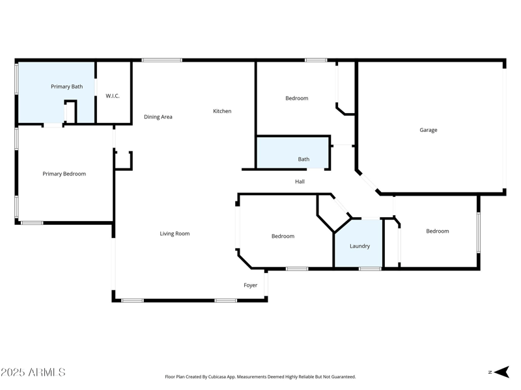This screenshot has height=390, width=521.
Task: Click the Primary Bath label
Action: click(66, 86)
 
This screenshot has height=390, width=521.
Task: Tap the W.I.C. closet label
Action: click(113, 96)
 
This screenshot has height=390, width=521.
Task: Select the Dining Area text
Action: click(158, 117)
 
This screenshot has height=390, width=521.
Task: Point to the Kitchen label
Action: click(222, 111)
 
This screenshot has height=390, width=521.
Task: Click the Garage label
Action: click(428, 130)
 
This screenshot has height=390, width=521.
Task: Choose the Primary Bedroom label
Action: click(64, 174)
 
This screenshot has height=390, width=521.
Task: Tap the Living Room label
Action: click(175, 233)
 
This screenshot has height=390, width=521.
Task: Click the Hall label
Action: click(300, 181)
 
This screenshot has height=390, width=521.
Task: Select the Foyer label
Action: click(251, 285)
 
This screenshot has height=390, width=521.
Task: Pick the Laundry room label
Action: click(359, 246)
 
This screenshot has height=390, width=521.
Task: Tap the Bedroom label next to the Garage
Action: click(296, 98)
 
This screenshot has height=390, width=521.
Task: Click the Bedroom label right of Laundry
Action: click(437, 231)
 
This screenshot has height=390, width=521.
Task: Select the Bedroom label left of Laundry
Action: click(283, 236)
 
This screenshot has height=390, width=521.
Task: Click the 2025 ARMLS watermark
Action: click(33, 372)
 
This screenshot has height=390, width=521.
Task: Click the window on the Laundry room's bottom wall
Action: click(370, 268)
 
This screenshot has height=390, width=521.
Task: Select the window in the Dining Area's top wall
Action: click(162, 60)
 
